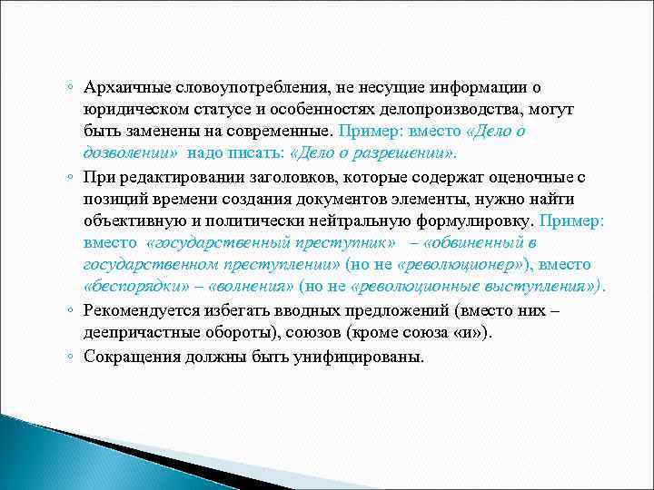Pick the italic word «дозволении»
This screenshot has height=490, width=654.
(x=130, y=153)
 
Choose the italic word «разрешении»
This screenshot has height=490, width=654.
(x=411, y=153)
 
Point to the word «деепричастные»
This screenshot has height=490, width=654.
(x=130, y=331)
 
